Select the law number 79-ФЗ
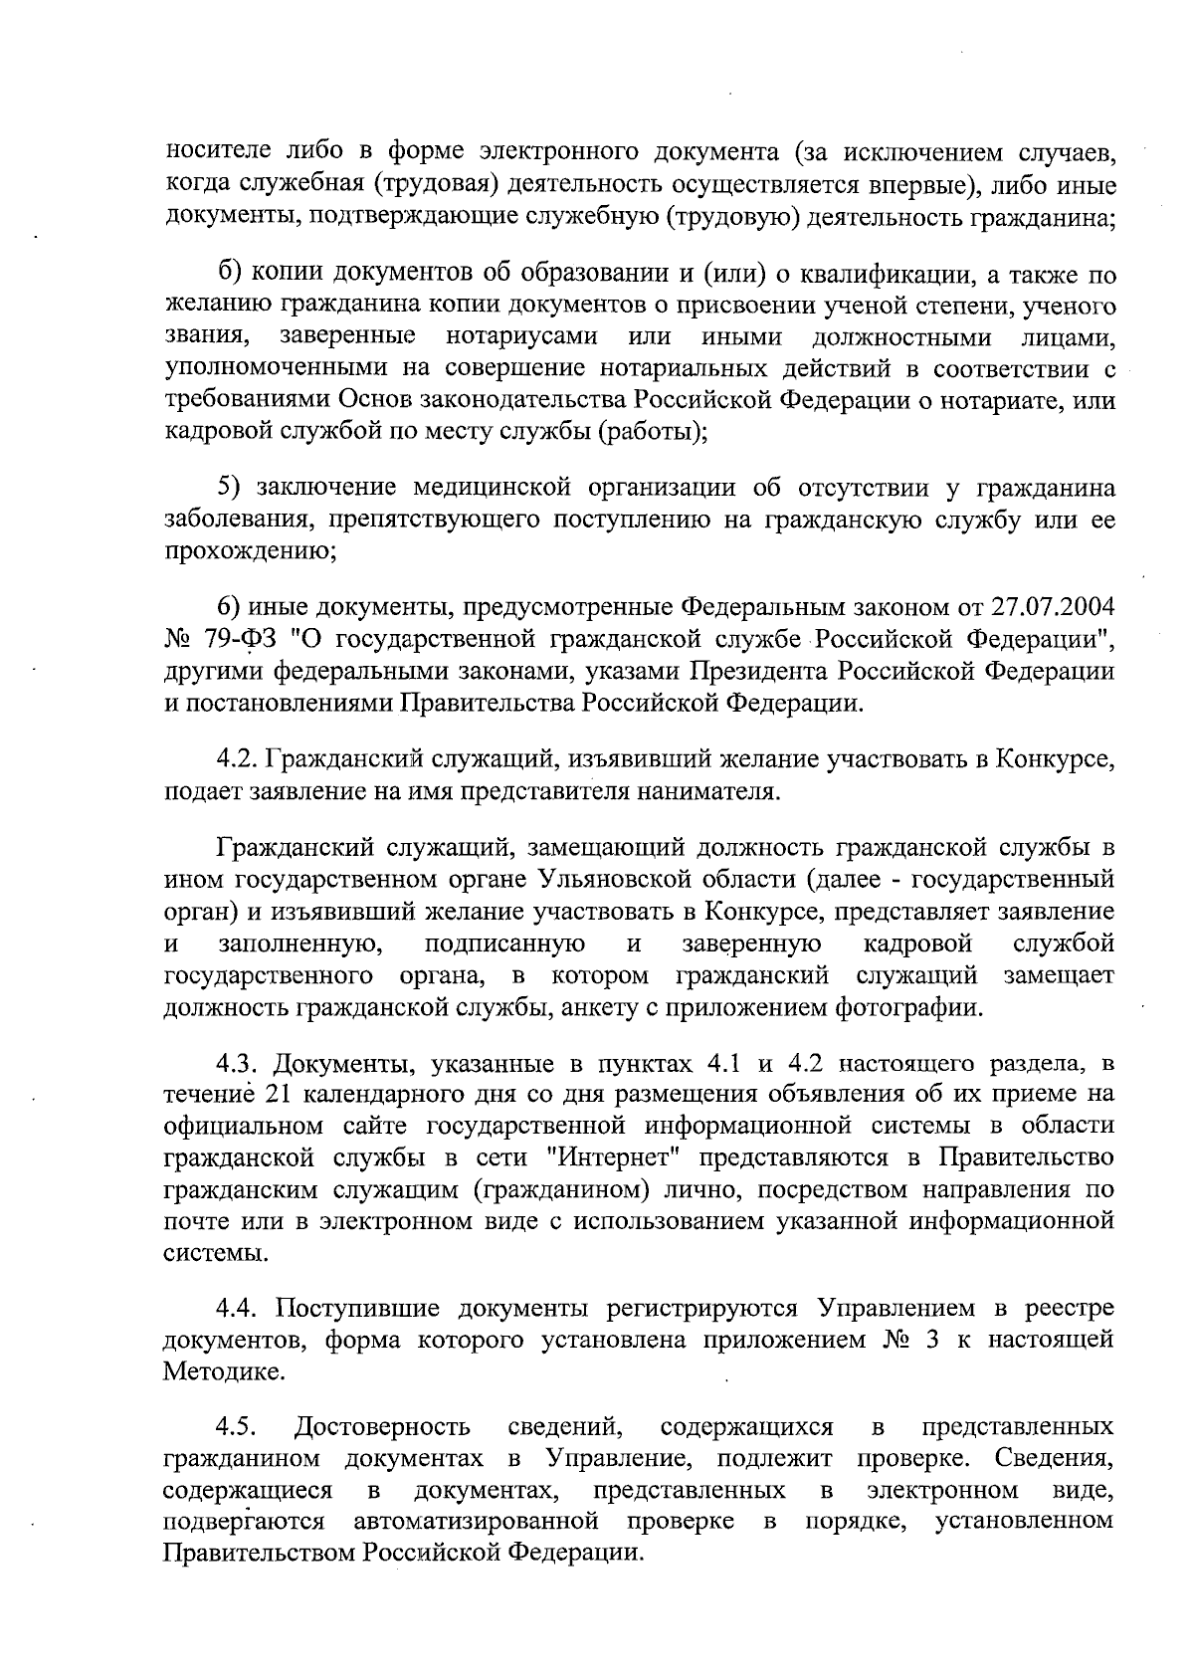(231, 638)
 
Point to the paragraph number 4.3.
(239, 1062)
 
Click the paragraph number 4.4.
(239, 1307)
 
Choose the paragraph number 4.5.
(239, 1429)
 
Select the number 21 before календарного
(282, 1094)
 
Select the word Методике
(225, 1371)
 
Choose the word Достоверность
(383, 1429)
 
